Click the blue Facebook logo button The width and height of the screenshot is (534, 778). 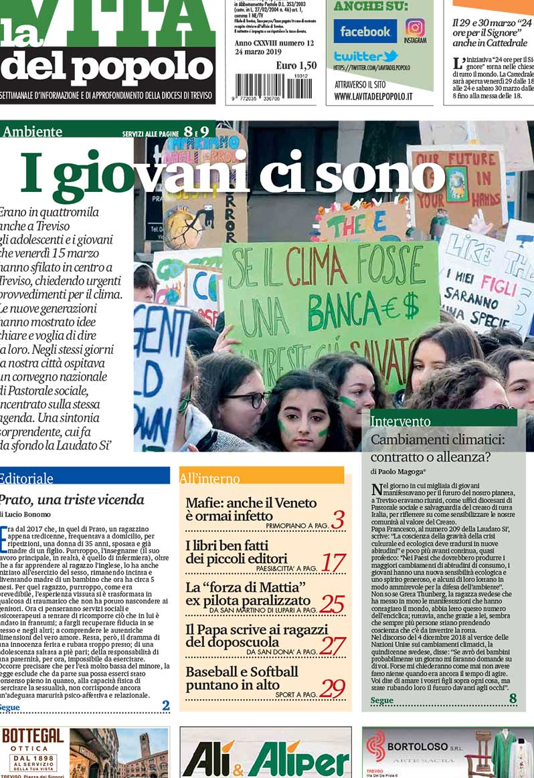tap(365, 31)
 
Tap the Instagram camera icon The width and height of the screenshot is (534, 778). tap(415, 28)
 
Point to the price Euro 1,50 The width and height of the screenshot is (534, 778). tap(296, 66)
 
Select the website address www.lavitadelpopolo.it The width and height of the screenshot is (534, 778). tap(373, 96)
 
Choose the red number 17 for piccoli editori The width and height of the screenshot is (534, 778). tap(333, 563)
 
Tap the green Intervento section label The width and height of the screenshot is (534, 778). tap(401, 421)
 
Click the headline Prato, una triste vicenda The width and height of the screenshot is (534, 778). tap(71, 499)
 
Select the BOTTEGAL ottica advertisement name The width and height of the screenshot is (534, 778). tap(33, 736)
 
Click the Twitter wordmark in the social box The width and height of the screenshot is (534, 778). tap(365, 56)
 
